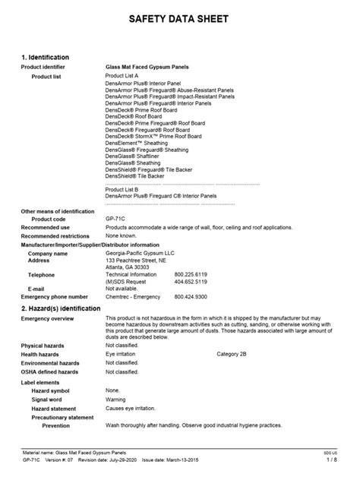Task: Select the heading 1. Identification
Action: pyautogui.click(x=46, y=57)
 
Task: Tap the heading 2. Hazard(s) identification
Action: pyautogui.click(x=61, y=308)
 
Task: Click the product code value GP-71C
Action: pyautogui.click(x=117, y=219)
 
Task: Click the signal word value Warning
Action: pyautogui.click(x=116, y=399)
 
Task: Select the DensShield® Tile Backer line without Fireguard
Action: pyautogui.click(x=134, y=175)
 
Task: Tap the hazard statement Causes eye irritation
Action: pyautogui.click(x=134, y=407)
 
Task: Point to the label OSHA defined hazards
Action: pyautogui.click(x=49, y=372)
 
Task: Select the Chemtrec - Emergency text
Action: pyautogui.click(x=134, y=296)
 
